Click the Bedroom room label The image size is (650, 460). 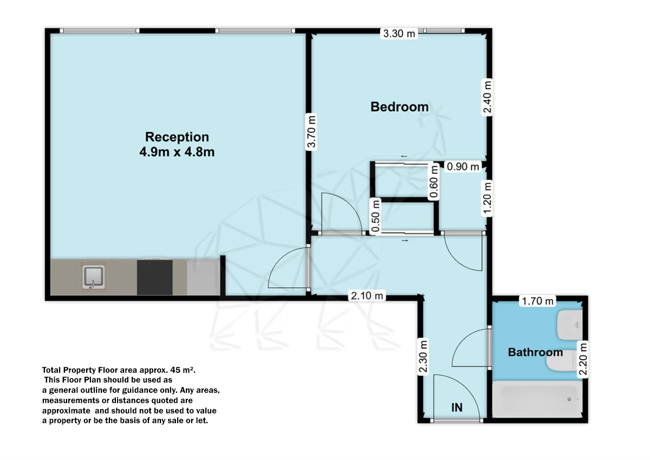400,107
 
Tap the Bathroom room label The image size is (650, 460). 535,352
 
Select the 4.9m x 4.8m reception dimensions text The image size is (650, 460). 177,152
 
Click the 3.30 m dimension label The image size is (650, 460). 399,34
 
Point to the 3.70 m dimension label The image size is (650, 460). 311,132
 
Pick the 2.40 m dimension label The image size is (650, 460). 487,97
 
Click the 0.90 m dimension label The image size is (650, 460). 463,166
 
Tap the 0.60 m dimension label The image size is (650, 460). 433,182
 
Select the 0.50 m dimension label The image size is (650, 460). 375,216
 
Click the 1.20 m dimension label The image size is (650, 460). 487,198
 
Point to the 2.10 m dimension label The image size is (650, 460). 367,296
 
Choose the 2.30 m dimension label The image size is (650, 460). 423,357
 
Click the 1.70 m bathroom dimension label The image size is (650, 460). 538,301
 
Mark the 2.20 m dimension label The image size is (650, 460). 583,359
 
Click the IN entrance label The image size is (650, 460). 457,408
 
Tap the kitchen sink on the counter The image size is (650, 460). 93,277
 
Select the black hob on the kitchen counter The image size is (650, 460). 155,277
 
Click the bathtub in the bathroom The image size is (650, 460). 537,400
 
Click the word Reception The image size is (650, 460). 177,137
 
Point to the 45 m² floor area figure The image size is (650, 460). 183,370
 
